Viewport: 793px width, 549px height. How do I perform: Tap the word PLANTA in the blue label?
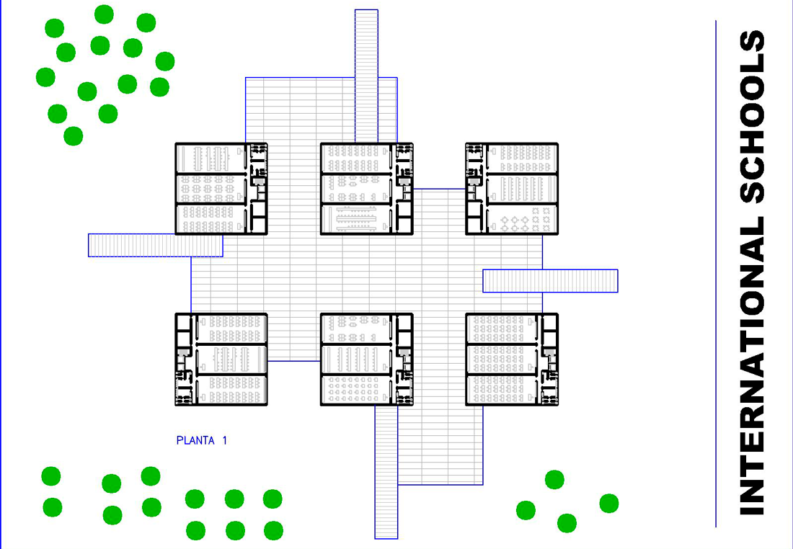pos(195,440)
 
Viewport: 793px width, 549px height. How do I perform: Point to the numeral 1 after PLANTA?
pos(225,440)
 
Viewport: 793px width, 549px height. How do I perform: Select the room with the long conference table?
pos(357,219)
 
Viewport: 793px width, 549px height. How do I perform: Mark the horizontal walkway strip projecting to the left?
pos(155,245)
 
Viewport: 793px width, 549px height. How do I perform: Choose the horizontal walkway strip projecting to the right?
pos(550,280)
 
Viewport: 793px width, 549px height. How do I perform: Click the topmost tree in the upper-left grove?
pos(105,14)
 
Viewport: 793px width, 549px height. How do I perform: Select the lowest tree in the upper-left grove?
pos(73,135)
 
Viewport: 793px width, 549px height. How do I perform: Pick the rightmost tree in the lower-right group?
pos(608,503)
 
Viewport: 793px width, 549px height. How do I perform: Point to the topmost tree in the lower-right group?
pos(554,479)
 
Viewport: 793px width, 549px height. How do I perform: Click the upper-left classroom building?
pos(221,189)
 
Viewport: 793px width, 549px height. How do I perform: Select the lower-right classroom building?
pos(512,360)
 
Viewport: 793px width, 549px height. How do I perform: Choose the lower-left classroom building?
pos(221,360)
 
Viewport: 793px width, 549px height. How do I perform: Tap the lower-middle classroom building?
pos(366,360)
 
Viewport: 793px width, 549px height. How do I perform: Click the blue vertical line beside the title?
pos(716,274)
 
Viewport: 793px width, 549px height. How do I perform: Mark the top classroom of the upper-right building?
pos(521,158)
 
